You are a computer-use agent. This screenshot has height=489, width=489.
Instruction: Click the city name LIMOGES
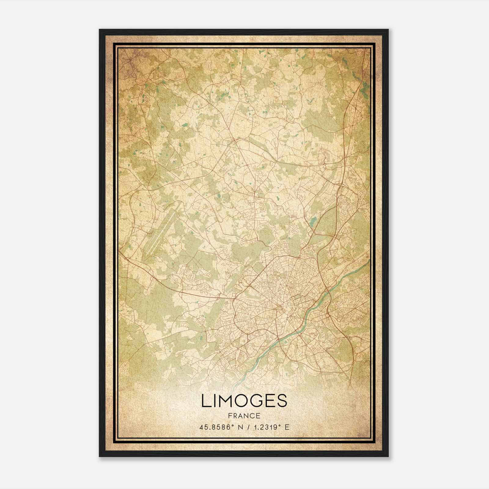tap(244, 401)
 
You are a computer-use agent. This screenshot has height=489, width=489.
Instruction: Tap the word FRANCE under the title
tap(244, 416)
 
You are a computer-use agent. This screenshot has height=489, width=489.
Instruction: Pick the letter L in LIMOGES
tap(205, 401)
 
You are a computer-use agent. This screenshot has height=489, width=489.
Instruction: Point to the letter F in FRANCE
tap(230, 416)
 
